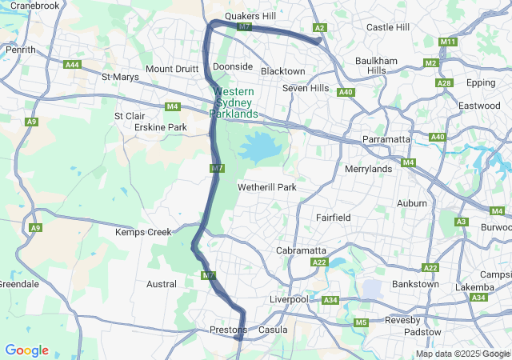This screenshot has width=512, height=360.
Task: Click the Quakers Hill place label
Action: click(x=250, y=15)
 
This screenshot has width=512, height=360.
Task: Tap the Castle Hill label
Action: click(x=387, y=27)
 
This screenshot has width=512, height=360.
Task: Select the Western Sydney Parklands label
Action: click(x=234, y=103)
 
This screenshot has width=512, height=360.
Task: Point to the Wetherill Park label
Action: click(x=267, y=187)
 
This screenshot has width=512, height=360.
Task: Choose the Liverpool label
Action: click(x=289, y=299)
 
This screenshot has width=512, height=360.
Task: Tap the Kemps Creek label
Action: click(x=143, y=232)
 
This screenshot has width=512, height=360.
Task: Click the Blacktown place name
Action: click(x=282, y=71)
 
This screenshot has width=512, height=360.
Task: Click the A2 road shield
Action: click(x=320, y=28)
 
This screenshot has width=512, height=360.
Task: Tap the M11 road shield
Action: click(x=448, y=42)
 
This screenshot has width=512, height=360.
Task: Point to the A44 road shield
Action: click(x=73, y=65)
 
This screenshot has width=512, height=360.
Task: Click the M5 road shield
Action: click(x=361, y=322)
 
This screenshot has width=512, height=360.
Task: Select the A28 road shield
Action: click(x=444, y=83)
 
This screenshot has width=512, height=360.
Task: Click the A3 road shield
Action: click(x=461, y=222)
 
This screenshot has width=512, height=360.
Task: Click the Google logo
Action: click(x=26, y=350)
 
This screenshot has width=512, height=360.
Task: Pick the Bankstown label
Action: click(x=415, y=285)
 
